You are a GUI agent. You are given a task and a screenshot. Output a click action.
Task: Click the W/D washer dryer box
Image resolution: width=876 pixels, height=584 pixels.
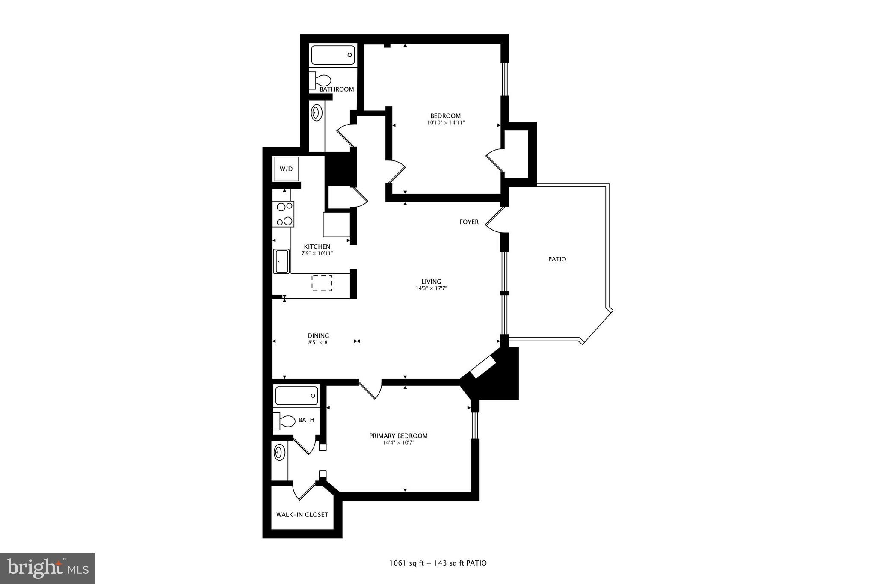(286, 169)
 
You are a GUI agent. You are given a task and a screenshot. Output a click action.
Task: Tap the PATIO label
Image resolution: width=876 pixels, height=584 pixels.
(557, 259)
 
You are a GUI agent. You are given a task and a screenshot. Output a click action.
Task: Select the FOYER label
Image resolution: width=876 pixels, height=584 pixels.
(469, 222)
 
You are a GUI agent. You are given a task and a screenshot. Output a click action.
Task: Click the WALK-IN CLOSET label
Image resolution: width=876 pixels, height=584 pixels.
(302, 515)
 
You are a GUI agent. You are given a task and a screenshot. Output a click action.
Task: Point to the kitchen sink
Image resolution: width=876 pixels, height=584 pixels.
(282, 261)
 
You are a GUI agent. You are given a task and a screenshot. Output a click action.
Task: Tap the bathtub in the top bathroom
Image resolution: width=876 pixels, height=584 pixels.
(333, 55)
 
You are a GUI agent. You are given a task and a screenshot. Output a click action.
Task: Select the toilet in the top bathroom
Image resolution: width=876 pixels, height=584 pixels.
(320, 80)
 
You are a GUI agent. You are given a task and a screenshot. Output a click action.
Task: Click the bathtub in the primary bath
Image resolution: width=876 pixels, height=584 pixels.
(296, 396)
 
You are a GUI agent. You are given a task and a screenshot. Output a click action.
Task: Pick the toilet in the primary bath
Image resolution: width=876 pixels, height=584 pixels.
(285, 421)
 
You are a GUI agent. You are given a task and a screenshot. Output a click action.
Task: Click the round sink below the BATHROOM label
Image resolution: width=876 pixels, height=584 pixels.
(317, 113)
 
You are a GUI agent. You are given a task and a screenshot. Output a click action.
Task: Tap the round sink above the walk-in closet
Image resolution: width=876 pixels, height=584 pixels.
(279, 452)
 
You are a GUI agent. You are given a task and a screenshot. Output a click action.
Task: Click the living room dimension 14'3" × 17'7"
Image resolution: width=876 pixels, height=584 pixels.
(431, 288)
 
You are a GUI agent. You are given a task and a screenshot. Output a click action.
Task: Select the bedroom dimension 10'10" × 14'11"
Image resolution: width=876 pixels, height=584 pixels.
(445, 123)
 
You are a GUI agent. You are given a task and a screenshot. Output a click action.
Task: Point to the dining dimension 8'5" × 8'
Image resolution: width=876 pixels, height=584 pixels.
(318, 342)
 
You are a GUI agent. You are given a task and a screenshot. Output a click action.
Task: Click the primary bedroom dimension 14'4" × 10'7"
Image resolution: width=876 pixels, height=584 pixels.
(398, 443)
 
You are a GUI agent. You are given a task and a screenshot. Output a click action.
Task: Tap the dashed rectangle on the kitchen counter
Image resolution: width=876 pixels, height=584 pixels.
(322, 283)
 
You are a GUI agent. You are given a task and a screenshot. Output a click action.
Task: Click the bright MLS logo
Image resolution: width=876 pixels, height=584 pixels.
(47, 568)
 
